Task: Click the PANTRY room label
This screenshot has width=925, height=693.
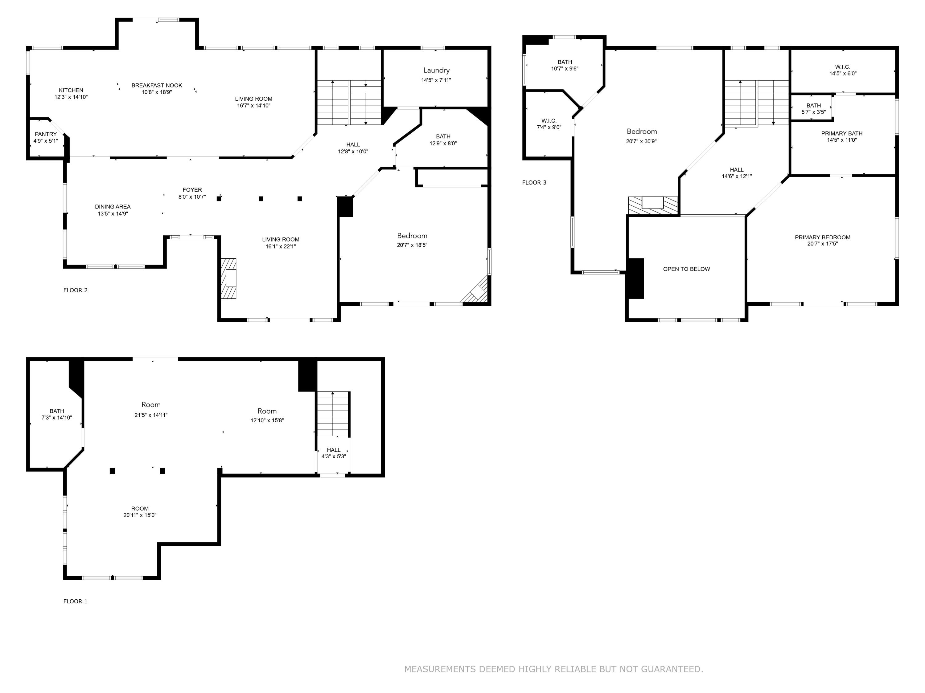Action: click(46, 134)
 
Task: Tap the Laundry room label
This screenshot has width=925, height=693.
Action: click(436, 70)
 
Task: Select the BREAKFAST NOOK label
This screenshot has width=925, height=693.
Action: click(157, 85)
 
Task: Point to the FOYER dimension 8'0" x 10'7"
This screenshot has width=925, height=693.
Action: click(192, 197)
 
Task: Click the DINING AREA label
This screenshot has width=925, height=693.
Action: click(113, 206)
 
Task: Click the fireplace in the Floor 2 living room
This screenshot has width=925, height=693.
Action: click(229, 278)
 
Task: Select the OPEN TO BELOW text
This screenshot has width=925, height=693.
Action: click(686, 269)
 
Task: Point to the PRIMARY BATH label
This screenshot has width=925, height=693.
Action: click(841, 133)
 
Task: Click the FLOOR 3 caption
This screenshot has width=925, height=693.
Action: click(534, 183)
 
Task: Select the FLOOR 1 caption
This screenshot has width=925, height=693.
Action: click(75, 601)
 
